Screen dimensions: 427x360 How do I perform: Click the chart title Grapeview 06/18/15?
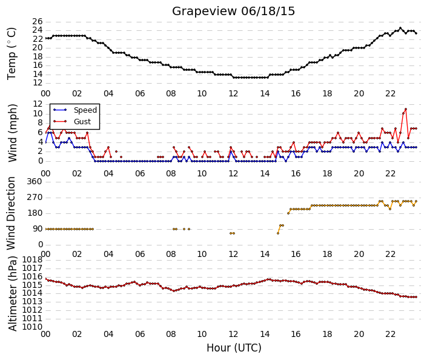(233, 12)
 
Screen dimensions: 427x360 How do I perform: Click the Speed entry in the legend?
(85, 110)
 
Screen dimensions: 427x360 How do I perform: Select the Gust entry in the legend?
(82, 122)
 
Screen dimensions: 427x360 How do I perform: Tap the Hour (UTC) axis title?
(234, 348)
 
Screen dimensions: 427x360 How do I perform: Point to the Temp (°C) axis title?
(12, 53)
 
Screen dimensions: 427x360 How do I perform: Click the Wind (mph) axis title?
(12, 133)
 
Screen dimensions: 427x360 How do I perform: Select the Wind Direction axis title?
(11, 213)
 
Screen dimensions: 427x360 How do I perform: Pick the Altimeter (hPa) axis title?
(12, 293)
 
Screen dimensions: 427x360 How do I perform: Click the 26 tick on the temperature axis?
(38, 21)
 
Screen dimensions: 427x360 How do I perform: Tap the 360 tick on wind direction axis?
(35, 181)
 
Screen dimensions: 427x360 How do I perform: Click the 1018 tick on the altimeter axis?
(33, 259)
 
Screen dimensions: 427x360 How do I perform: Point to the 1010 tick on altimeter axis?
(33, 327)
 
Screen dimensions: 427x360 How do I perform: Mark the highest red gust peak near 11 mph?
(406, 109)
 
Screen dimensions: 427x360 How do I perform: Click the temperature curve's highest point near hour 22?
(400, 28)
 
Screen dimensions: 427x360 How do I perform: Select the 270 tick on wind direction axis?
(35, 198)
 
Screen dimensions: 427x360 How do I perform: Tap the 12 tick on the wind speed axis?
(38, 104)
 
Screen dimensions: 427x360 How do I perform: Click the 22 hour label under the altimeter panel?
(390, 334)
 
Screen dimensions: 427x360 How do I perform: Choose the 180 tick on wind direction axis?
(35, 213)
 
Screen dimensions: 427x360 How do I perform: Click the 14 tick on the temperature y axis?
(38, 74)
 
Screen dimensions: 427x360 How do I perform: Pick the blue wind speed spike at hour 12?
(231, 152)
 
